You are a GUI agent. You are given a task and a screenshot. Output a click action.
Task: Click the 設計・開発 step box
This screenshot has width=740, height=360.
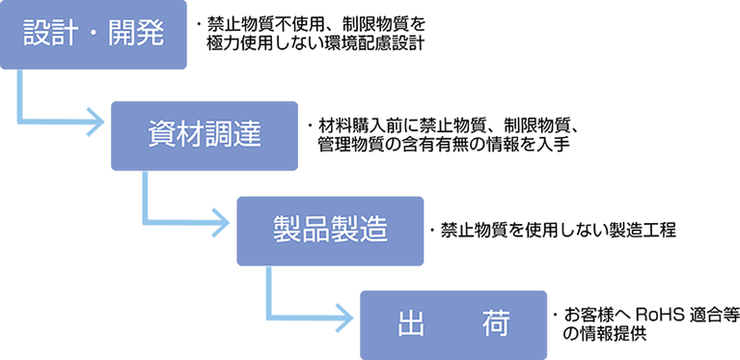coord(94,36)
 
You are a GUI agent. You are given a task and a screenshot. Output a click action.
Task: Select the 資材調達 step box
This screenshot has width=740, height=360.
coord(205,135)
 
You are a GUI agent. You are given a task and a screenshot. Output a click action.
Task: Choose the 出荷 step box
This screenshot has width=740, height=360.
coord(452,324)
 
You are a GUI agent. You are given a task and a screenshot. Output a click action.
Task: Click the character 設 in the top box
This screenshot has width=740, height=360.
coord(38,35)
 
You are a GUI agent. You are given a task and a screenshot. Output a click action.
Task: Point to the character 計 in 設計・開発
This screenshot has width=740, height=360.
coord(69,35)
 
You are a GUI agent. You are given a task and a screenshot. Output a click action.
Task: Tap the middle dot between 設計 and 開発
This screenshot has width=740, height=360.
coord(95,36)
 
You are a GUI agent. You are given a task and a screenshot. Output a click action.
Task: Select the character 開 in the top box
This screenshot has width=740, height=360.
coord(122,35)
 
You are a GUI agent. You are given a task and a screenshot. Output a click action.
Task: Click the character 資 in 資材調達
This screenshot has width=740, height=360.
coord(161,134)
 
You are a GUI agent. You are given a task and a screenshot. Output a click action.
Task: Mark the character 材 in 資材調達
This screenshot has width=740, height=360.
coord(190,134)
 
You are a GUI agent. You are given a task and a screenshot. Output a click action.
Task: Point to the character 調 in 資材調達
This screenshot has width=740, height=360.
coord(219,134)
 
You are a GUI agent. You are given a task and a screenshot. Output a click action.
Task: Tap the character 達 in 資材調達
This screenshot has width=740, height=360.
coord(248,134)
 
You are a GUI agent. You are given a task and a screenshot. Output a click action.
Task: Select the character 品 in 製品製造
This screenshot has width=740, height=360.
coord(315,229)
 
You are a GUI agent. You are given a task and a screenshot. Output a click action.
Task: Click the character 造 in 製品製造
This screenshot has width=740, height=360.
coord(372,229)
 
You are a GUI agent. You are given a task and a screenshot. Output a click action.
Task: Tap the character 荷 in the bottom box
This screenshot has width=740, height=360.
coord(493,324)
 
